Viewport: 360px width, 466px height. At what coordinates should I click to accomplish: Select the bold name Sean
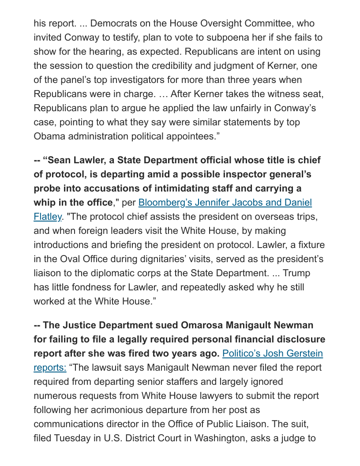click(60, 160)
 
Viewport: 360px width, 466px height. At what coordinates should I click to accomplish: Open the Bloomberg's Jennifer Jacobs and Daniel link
click(225, 202)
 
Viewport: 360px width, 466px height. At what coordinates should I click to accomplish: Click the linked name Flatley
click(47, 216)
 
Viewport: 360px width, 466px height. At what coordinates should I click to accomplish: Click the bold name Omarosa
click(201, 325)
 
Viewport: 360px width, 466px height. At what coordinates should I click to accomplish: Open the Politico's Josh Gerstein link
click(272, 353)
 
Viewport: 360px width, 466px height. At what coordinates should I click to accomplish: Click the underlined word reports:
click(50, 367)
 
